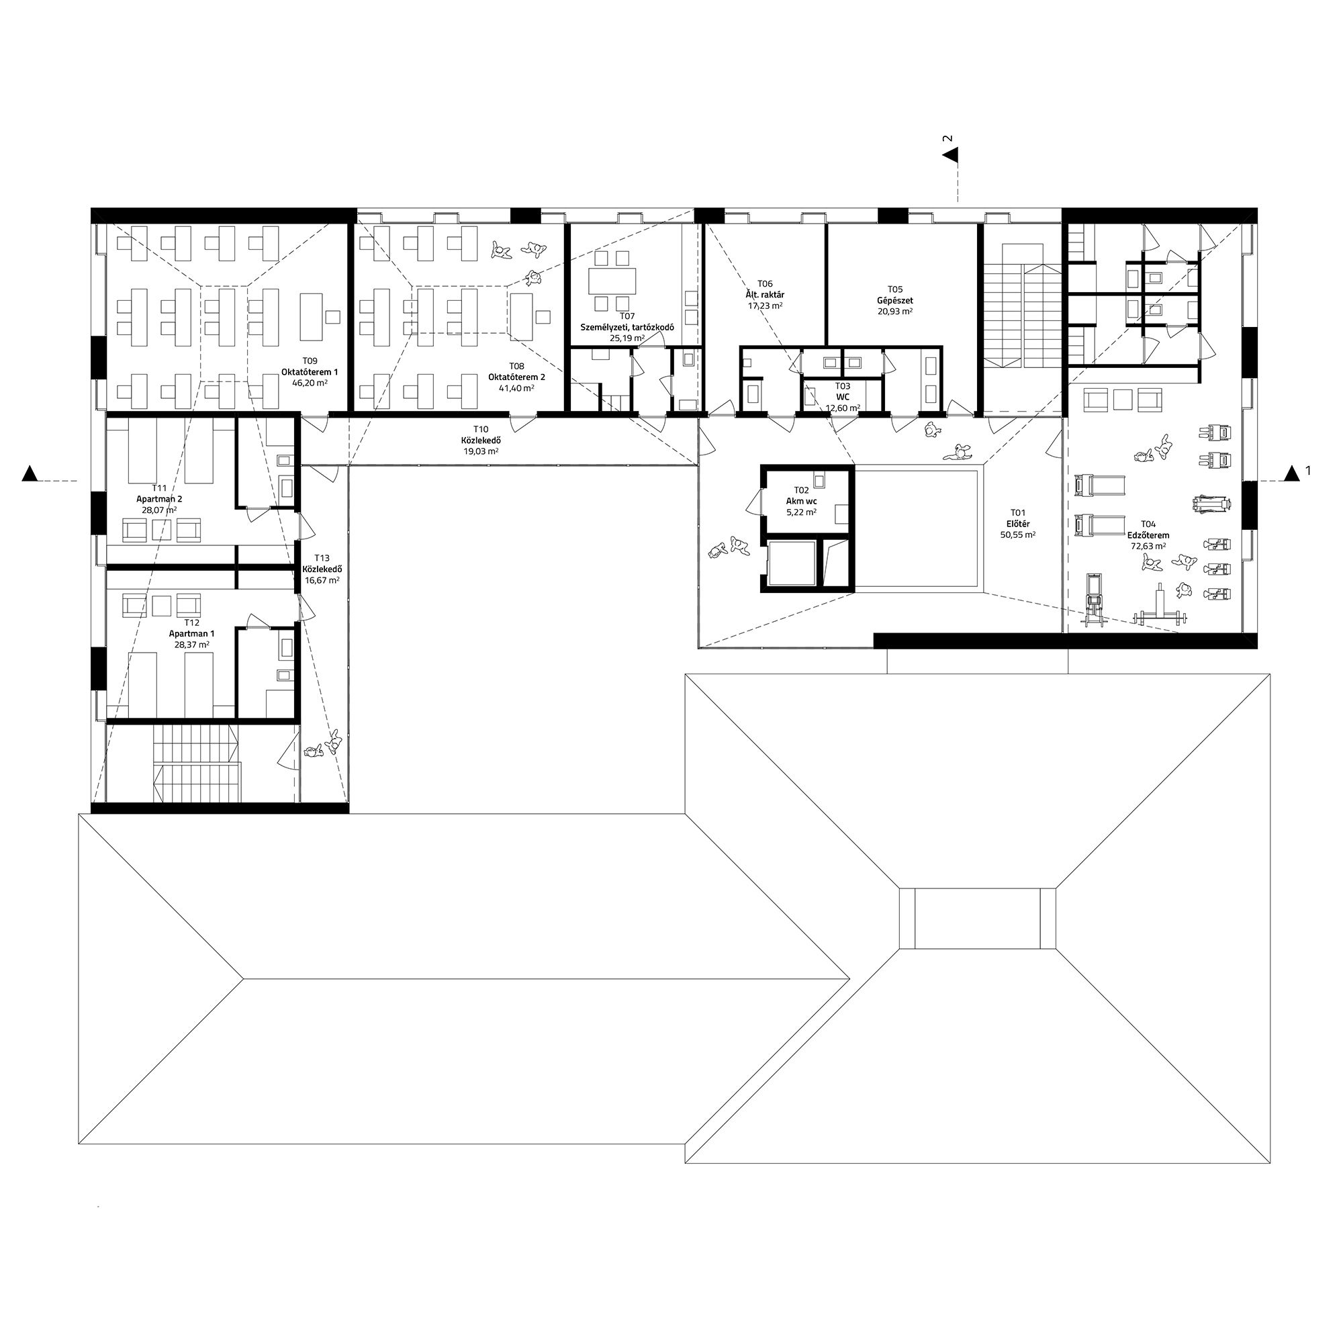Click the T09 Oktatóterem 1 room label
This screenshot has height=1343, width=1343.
(310, 372)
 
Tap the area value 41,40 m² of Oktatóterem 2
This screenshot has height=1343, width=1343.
(516, 388)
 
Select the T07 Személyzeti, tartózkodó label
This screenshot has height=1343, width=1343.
(627, 327)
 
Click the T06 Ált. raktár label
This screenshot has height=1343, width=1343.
(765, 294)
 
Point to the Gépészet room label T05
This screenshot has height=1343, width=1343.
(894, 300)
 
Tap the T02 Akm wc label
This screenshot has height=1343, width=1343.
(802, 500)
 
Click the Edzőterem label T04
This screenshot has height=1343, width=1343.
(1149, 535)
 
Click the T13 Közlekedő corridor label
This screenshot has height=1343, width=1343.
(322, 569)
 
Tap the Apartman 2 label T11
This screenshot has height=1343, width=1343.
(159, 498)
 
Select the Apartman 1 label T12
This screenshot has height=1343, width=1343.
(192, 633)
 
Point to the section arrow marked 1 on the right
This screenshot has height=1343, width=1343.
(1291, 473)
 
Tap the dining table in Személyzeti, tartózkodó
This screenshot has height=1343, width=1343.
(612, 281)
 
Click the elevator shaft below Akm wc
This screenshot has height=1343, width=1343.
(792, 564)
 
